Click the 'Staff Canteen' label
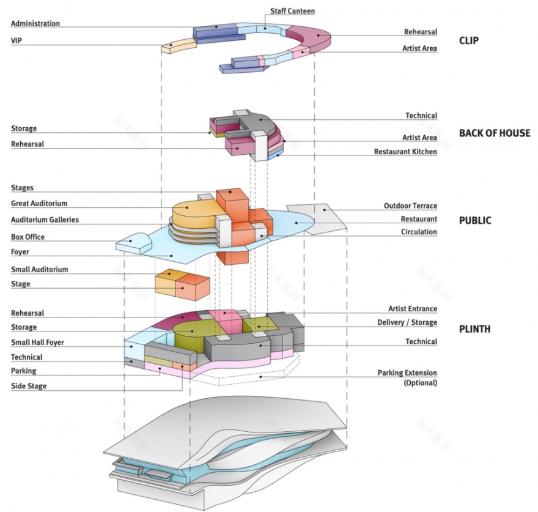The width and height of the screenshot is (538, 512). tap(293, 11)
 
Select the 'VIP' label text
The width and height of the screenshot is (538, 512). tap(17, 40)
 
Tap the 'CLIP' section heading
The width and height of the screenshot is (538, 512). tap(468, 41)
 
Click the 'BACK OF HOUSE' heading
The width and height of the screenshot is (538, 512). tap(494, 133)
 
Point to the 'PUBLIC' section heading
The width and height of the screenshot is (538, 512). tap(474, 220)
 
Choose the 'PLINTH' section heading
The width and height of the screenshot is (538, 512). tap(474, 329)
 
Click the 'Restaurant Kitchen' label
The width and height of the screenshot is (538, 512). tap(405, 152)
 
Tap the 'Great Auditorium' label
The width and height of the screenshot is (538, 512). tap(39, 203)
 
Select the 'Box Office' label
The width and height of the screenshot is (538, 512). tap(28, 237)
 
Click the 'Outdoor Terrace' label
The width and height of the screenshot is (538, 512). tap(410, 206)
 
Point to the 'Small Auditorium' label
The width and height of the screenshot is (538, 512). tap(40, 269)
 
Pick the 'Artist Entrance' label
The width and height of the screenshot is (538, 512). tap(412, 309)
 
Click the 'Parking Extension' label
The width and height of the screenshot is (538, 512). tap(407, 373)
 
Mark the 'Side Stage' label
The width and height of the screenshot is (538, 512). tap(29, 386)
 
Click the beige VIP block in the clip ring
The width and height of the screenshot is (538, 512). tap(179, 45)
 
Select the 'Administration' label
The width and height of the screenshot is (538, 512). tap(35, 23)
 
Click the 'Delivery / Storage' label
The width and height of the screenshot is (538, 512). tap(407, 322)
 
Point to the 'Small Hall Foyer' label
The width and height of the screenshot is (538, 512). tap(37, 343)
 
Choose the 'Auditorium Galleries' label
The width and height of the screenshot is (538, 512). tap(45, 220)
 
